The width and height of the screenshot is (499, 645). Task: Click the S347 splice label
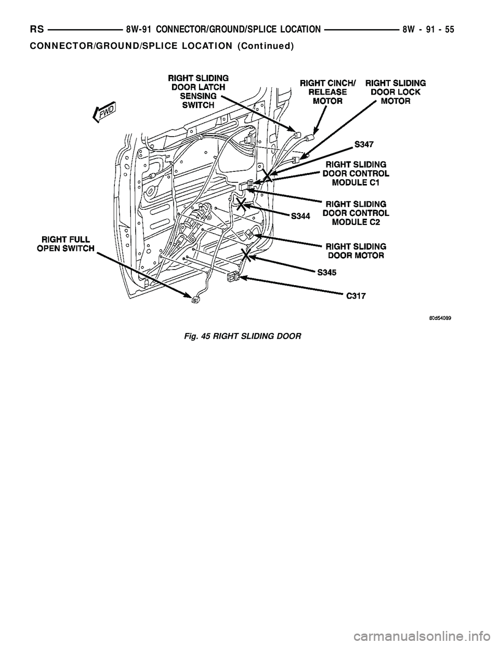(367, 143)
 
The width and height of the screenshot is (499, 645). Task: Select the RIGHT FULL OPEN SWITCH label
(65, 244)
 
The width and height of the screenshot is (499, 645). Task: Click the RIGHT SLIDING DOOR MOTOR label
(356, 250)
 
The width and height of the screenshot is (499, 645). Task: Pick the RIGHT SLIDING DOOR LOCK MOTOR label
(396, 92)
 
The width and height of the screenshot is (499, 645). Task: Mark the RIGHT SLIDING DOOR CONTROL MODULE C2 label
(356, 212)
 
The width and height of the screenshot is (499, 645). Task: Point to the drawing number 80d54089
(436, 319)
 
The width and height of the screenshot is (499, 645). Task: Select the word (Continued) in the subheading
(265, 46)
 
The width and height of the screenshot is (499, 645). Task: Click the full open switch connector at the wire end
(195, 299)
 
